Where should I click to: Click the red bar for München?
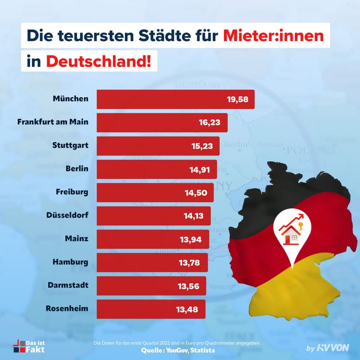(x=175, y=99)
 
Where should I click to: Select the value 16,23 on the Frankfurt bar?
(x=209, y=122)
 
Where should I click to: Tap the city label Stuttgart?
(x=70, y=145)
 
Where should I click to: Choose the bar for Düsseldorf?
(x=152, y=215)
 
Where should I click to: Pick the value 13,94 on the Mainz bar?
(x=191, y=239)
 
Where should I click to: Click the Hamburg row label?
(x=71, y=261)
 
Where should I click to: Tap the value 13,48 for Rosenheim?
(x=187, y=308)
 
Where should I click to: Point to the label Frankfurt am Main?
(x=52, y=121)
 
